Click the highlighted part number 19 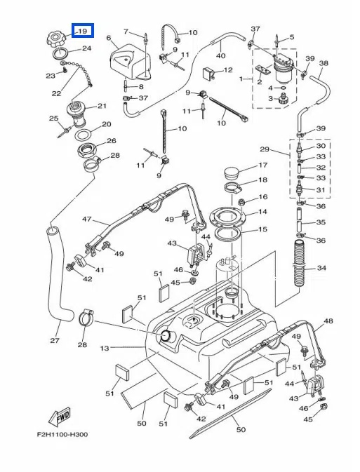[x=83, y=31]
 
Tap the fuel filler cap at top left [x=57, y=39]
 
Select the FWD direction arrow [x=60, y=417]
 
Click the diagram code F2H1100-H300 [x=62, y=434]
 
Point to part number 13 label [x=105, y=348]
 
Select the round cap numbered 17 [x=232, y=171]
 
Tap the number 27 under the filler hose [x=55, y=340]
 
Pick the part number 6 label [x=109, y=38]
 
